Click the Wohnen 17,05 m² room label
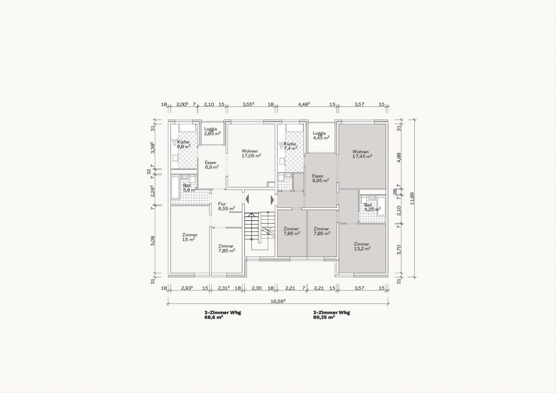(251, 153)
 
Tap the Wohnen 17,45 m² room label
(362, 154)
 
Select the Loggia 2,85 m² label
(212, 131)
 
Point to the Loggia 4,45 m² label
(321, 135)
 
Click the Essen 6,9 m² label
(212, 165)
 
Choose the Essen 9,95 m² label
(320, 178)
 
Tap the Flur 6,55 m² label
(226, 206)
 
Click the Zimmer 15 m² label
(189, 237)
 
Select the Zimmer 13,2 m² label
(362, 246)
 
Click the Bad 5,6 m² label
(189, 187)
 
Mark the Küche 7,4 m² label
(290, 146)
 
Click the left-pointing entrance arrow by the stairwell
(248, 200)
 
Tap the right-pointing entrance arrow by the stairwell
(272, 200)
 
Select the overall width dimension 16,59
(279, 301)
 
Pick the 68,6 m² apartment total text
(213, 318)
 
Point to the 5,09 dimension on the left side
(153, 240)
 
